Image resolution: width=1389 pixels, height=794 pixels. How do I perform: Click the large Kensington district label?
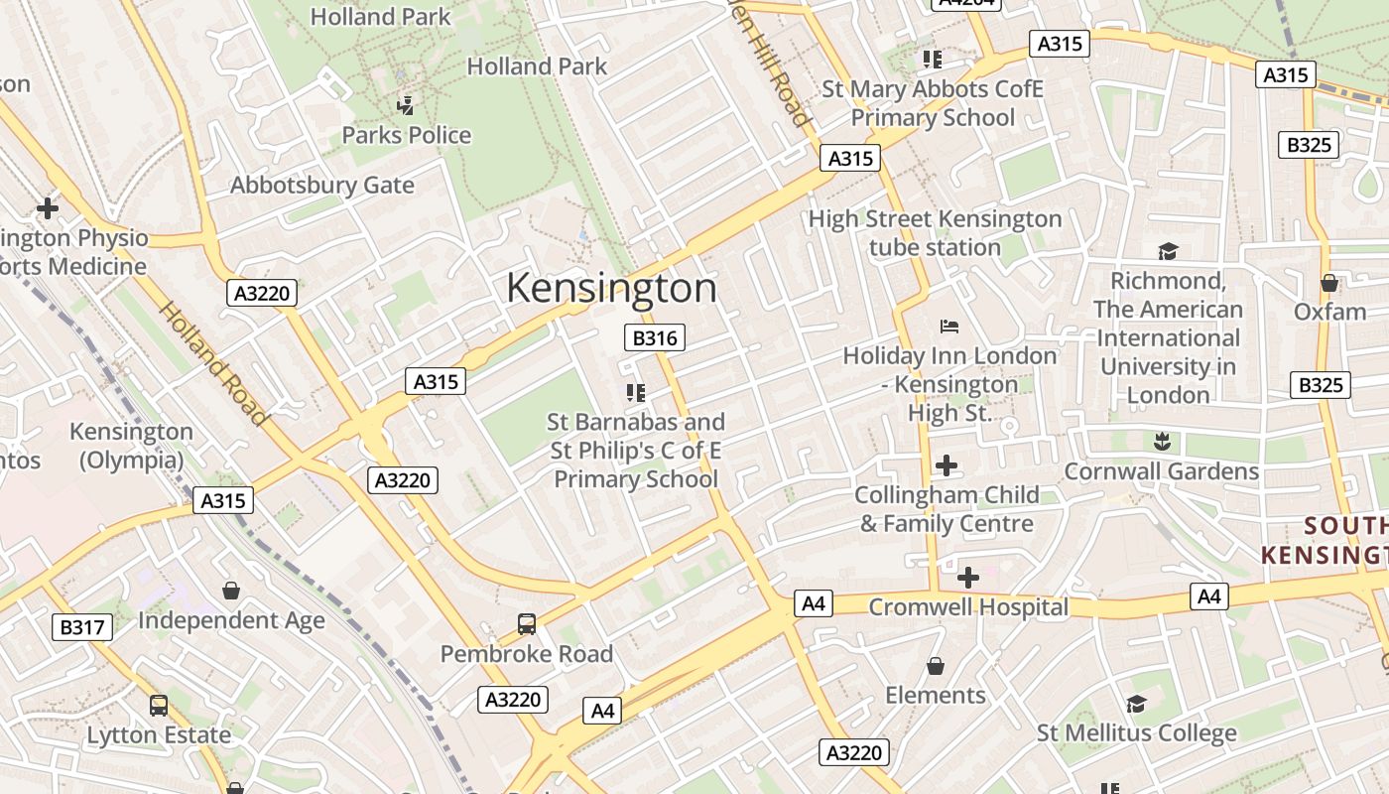pos(611,288)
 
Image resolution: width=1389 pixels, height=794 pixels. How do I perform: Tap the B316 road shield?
pos(655,338)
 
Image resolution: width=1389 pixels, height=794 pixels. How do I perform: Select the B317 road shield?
pos(81,627)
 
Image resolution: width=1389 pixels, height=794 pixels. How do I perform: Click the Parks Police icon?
pos(405,105)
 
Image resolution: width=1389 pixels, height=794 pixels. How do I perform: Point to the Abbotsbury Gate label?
pos(322,185)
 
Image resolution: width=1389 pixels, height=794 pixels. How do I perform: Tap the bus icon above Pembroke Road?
pos(527,624)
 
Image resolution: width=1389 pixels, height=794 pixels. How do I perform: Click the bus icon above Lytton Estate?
pos(158,706)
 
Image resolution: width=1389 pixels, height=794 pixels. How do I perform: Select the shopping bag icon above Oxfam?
pos(1329,283)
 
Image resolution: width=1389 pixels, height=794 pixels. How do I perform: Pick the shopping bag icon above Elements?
pos(935,665)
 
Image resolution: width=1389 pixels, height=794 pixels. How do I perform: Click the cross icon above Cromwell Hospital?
pos(967,577)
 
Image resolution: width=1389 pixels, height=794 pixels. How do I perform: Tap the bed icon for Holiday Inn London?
pos(949,327)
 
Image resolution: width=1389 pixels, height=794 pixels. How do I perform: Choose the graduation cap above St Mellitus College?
pos(1136,704)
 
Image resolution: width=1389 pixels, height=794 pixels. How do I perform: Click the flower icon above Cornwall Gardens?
pos(1161,441)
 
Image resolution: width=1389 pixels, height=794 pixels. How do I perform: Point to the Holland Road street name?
pos(212,362)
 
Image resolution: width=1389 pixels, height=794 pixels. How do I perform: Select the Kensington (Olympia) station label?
pos(131,446)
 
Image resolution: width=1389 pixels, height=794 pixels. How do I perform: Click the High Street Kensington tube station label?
pos(935,233)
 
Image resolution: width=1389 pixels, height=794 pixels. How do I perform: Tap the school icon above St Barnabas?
pos(635,393)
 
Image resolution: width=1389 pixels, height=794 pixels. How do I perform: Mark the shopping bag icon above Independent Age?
pos(231,591)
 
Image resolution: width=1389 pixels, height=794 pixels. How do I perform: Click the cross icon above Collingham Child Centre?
pos(947,464)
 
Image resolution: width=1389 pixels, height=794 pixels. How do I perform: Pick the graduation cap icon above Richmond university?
pos(1168,251)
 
